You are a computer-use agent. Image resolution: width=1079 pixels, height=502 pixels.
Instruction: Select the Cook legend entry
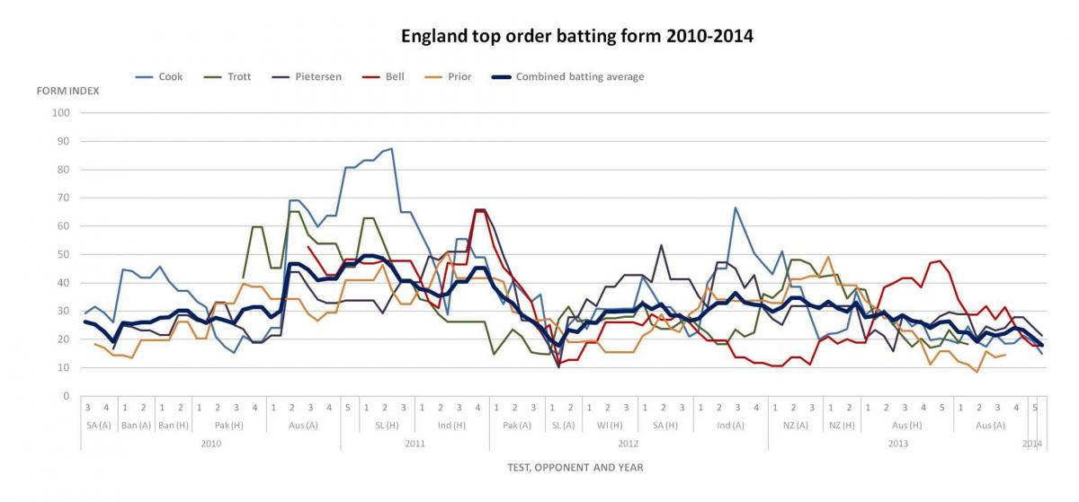pos(170,77)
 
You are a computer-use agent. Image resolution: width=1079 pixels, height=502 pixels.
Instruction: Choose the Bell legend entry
pos(394,77)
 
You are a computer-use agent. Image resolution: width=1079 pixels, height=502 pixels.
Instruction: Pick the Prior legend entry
pos(459,77)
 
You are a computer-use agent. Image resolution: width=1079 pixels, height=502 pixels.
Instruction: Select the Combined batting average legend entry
pos(579,77)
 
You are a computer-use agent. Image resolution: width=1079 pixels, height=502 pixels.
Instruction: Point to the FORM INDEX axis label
pos(67,92)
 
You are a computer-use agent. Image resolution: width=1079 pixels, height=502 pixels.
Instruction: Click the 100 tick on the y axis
pos(62,113)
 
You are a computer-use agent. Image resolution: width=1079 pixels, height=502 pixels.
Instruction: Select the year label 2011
pos(415,444)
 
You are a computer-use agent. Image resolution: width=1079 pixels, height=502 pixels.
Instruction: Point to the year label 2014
pos(1032,444)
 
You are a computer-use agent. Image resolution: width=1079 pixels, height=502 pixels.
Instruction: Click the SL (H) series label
pos(386,426)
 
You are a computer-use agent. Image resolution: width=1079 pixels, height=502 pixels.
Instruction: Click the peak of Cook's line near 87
pos(391,149)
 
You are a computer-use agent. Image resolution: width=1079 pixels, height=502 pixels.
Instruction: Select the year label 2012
pos(629,444)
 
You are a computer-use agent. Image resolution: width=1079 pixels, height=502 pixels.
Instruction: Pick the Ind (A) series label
pos(730,426)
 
